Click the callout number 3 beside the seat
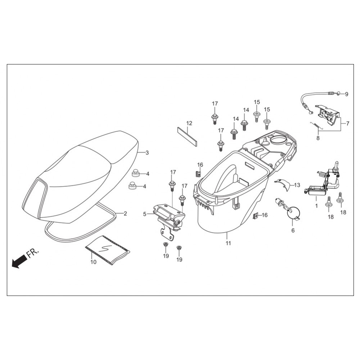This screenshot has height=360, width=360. [x=147, y=153]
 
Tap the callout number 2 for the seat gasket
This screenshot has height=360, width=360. [x=125, y=213]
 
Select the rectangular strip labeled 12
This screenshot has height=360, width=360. [x=187, y=136]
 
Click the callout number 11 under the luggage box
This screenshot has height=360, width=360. [x=228, y=243]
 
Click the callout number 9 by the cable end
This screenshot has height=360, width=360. [x=347, y=94]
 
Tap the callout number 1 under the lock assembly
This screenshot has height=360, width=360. [x=316, y=207]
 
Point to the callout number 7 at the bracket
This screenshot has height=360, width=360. [x=348, y=123]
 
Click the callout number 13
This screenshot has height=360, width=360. [x=297, y=185]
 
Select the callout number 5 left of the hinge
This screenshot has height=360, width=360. [x=145, y=214]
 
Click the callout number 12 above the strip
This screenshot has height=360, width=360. [x=189, y=123]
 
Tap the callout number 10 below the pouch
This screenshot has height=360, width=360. [x=94, y=262]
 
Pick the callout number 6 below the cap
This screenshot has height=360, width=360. [x=293, y=230]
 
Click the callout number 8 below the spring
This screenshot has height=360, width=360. [x=318, y=138]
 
